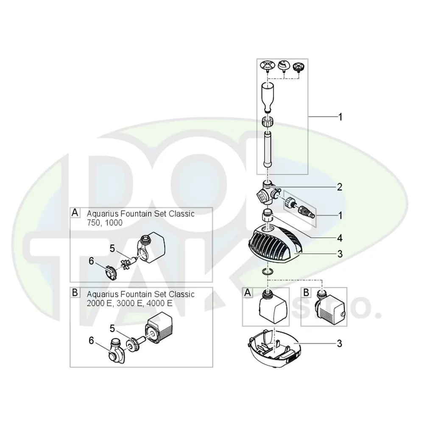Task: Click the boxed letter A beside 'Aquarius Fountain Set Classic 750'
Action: (75, 213)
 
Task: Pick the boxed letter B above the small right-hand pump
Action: (306, 293)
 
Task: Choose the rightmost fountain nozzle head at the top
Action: (300, 66)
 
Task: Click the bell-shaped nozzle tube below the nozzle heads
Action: (268, 95)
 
